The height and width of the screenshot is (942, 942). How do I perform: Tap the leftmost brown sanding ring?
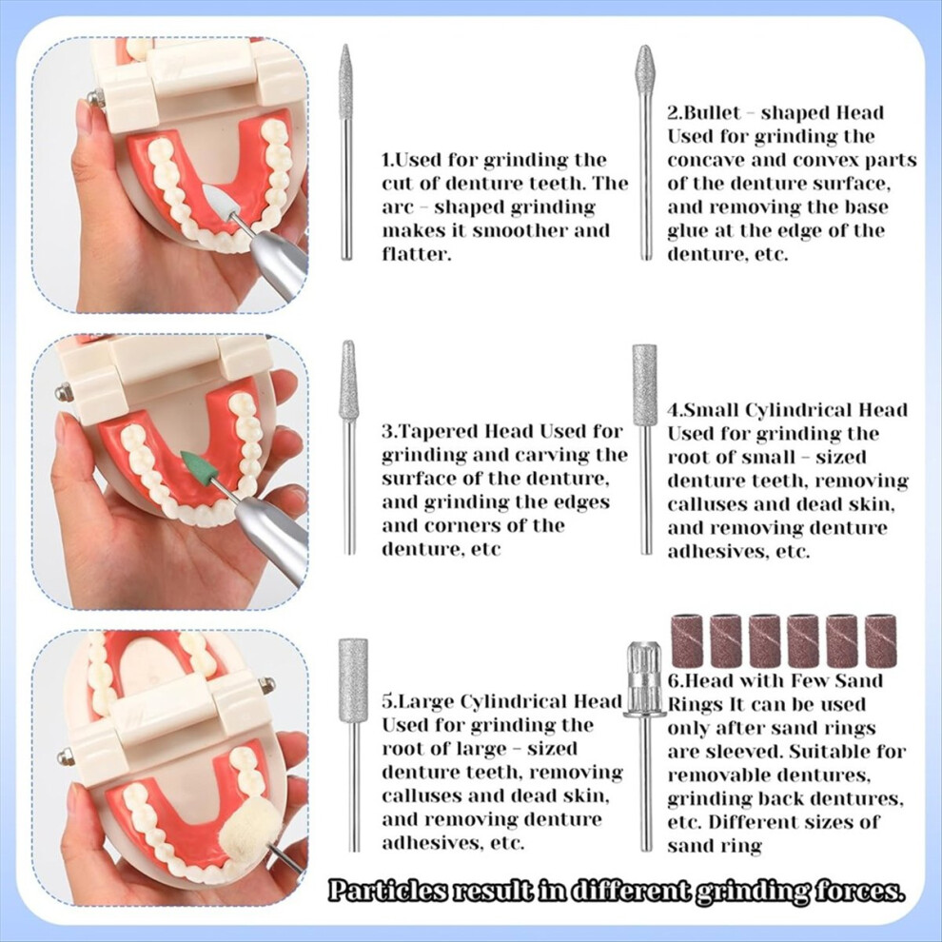coord(687,641)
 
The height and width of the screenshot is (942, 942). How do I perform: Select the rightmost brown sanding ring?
coord(881,641)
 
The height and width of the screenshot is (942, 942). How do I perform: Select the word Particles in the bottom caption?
coord(387,890)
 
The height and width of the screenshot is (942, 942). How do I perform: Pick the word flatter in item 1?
coord(416,254)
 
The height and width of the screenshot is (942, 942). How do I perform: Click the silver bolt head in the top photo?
coord(93,97)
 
